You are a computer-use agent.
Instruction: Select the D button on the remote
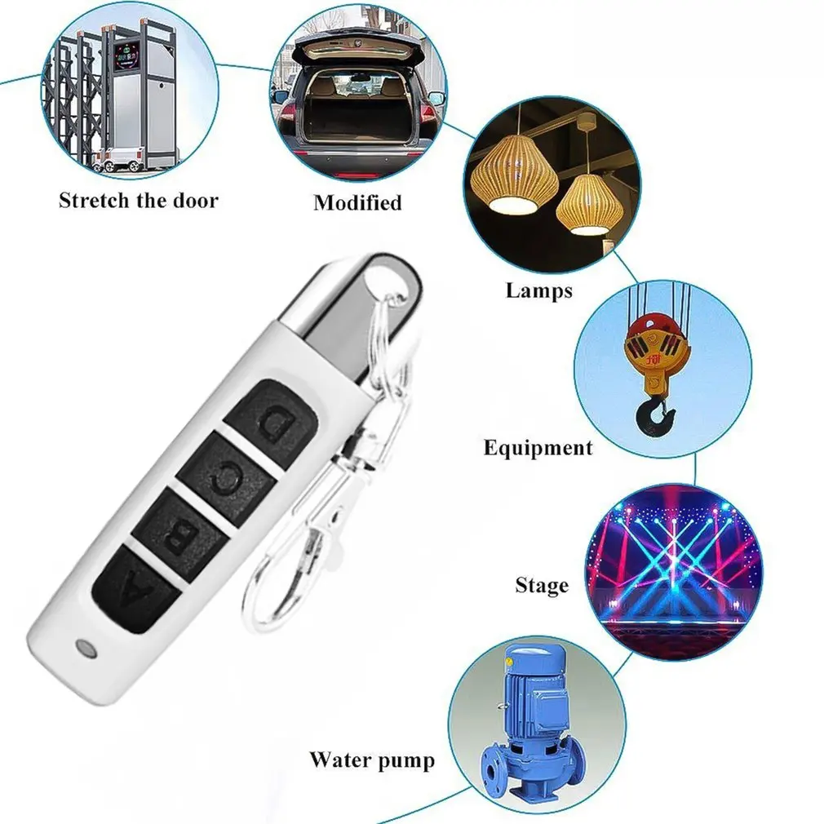click(x=272, y=420)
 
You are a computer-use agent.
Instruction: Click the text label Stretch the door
click(x=139, y=200)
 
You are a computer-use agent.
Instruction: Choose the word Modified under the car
click(x=357, y=202)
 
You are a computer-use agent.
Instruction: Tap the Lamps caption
click(x=538, y=290)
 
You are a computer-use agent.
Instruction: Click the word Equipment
click(x=538, y=447)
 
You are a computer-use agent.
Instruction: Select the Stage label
click(x=541, y=585)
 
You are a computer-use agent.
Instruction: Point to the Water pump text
click(x=371, y=760)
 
